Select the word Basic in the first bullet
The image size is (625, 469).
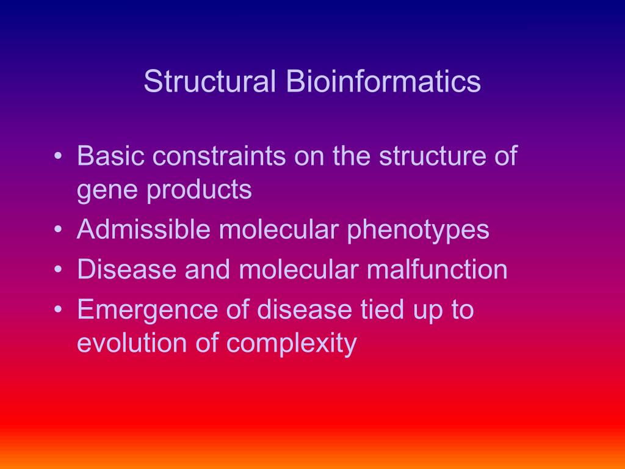point(110,156)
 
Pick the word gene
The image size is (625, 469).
point(104,191)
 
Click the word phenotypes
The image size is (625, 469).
point(418,230)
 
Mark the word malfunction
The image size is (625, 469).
point(437,270)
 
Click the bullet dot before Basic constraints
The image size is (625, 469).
point(58,158)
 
